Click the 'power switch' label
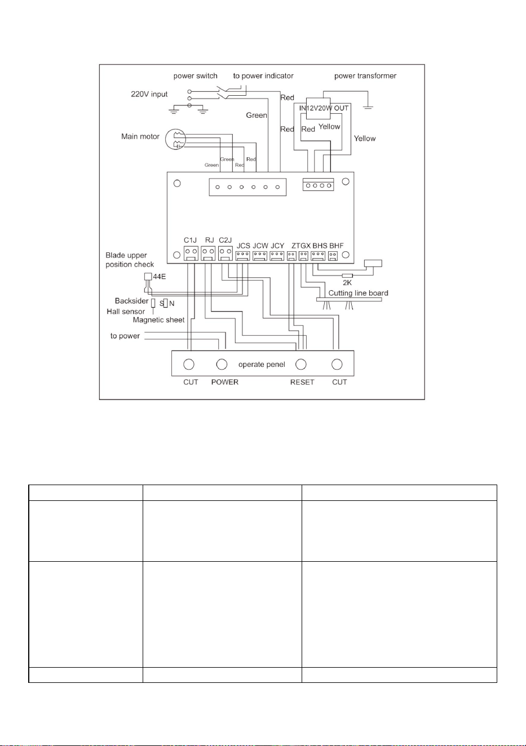click(x=195, y=76)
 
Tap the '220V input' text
click(x=149, y=94)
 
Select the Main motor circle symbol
click(x=176, y=139)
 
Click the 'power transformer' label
click(x=365, y=76)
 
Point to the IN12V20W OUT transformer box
click(x=319, y=108)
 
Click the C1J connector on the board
click(x=191, y=253)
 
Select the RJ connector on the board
click(x=209, y=253)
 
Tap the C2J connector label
click(x=226, y=240)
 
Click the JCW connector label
click(x=260, y=246)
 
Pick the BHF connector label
click(x=337, y=246)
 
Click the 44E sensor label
click(x=160, y=277)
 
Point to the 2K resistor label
click(x=347, y=283)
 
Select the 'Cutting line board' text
click(x=359, y=293)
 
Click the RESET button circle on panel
click(x=301, y=365)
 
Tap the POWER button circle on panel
click(x=222, y=365)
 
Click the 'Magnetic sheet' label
click(x=158, y=320)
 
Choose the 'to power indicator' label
click(x=263, y=76)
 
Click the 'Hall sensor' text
click(x=126, y=312)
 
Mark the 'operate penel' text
click(x=262, y=365)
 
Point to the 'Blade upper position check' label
click(x=130, y=260)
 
